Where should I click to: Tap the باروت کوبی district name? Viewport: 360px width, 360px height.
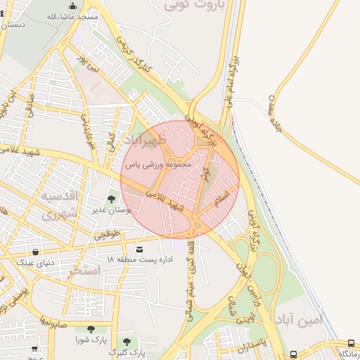point(194,6)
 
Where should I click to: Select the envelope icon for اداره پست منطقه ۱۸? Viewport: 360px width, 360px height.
point(139,250)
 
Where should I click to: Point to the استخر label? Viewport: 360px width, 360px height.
point(85,270)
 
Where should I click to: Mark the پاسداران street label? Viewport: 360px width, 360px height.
point(250,345)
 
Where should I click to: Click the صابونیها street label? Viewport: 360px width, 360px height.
point(53,324)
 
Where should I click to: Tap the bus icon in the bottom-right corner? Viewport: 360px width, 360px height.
point(352,344)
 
